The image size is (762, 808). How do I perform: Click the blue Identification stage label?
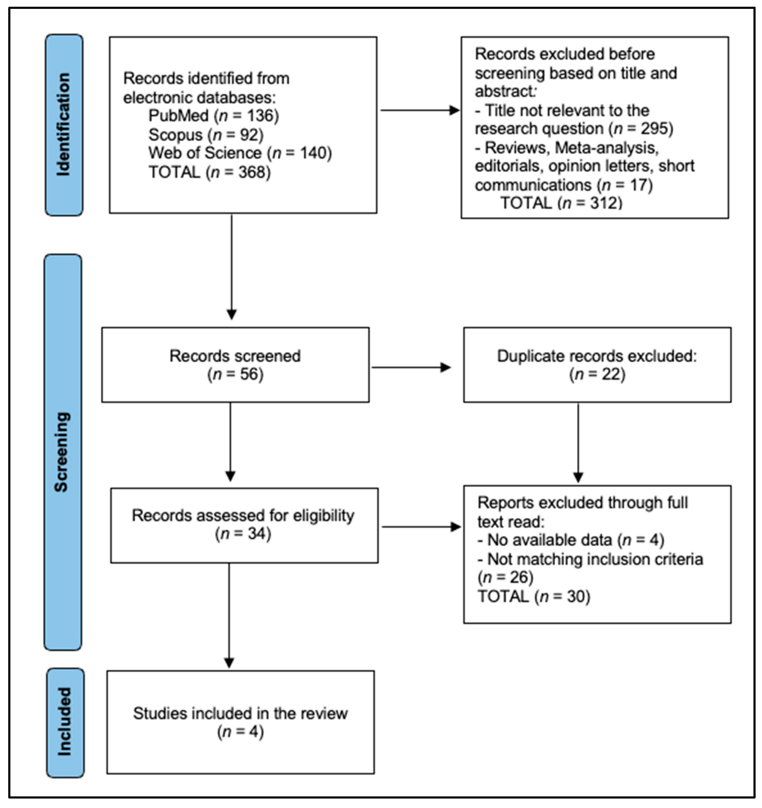click(x=64, y=125)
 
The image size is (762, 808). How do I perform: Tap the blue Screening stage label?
click(x=63, y=452)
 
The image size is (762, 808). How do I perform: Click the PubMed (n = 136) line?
click(x=214, y=116)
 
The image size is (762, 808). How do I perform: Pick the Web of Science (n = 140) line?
click(x=240, y=153)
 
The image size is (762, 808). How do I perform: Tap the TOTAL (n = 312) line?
click(x=561, y=203)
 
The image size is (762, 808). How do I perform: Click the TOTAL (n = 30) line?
click(x=534, y=597)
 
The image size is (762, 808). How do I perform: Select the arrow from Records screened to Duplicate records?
click(x=411, y=367)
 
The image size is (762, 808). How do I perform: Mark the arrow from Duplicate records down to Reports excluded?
click(x=578, y=443)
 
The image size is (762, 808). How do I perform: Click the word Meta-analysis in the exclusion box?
click(x=606, y=148)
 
